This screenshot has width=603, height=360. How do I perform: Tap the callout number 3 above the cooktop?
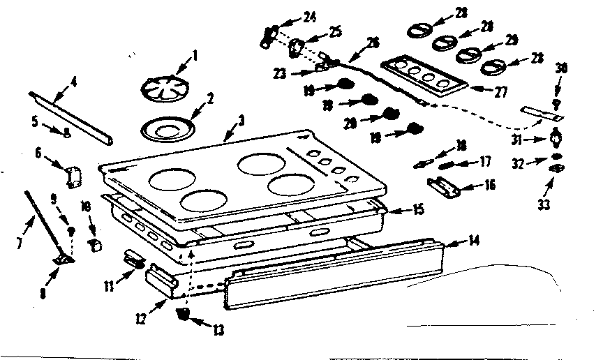[241, 121]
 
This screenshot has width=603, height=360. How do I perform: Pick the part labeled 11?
[135, 260]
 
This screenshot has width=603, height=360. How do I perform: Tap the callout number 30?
[562, 68]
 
